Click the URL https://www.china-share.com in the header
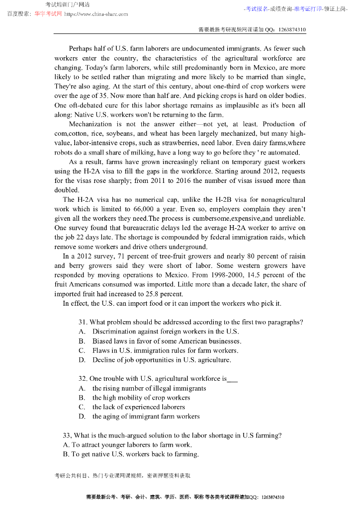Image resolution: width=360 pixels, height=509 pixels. coord(96,14)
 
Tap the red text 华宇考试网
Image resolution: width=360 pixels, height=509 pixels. coord(48,14)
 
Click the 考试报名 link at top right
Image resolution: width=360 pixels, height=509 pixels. coord(257,9)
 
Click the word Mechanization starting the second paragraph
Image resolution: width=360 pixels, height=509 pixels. coord(90,124)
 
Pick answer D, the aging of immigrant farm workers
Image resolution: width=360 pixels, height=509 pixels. coord(146,417)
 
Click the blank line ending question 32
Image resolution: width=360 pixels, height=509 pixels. coord(232,379)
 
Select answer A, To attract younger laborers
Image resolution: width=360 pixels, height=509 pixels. coord(127,445)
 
